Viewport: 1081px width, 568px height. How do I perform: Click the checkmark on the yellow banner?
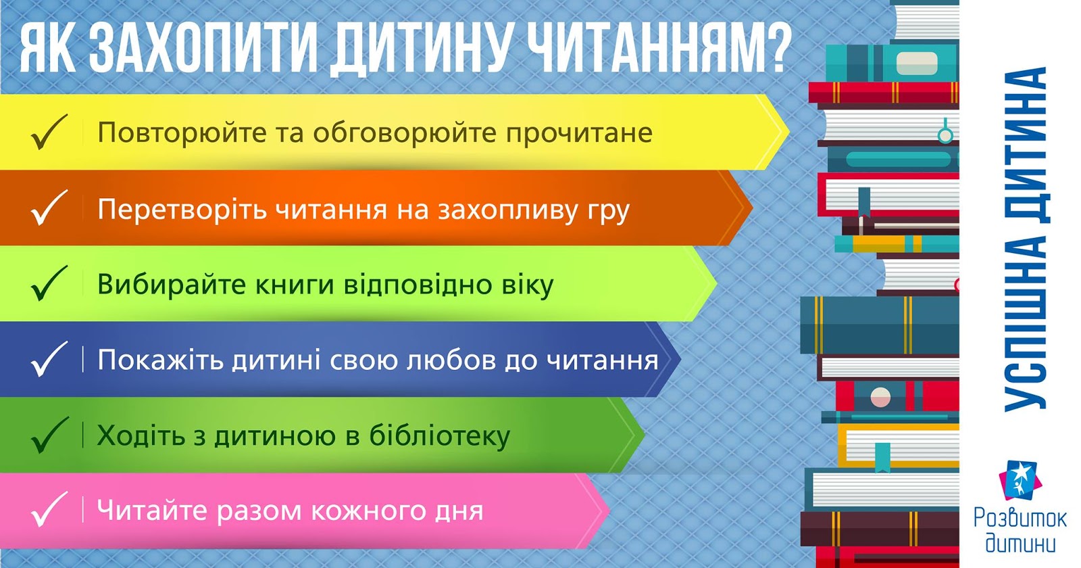(x=49, y=131)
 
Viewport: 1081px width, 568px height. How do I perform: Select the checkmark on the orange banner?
(x=49, y=207)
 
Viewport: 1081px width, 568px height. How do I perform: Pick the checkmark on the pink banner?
(x=49, y=509)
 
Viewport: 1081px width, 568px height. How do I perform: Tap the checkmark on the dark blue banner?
(x=49, y=358)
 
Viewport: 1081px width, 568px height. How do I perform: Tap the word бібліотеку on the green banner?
(x=440, y=435)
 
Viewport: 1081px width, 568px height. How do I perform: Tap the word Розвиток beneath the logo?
(x=1020, y=519)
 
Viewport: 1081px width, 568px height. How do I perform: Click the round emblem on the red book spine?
(x=880, y=397)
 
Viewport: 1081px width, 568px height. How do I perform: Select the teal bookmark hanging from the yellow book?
(x=882, y=457)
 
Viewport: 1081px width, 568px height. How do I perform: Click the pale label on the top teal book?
(x=917, y=64)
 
